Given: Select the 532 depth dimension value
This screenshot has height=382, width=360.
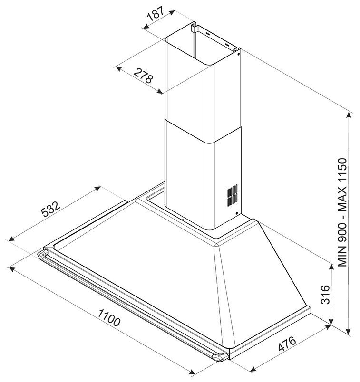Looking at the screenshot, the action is point(50,209).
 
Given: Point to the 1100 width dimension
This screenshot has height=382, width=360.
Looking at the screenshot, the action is point(109,317).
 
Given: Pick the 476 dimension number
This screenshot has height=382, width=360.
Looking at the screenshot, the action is point(287,344).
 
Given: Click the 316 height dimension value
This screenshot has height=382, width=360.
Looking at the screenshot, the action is point(325,295).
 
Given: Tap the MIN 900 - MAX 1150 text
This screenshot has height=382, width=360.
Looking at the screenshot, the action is point(342,212).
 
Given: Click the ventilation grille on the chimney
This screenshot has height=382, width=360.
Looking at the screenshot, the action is point(233,195).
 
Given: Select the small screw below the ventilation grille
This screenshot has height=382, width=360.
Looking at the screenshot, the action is point(236,213).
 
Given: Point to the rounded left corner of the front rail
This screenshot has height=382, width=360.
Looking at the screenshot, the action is point(42,255).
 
